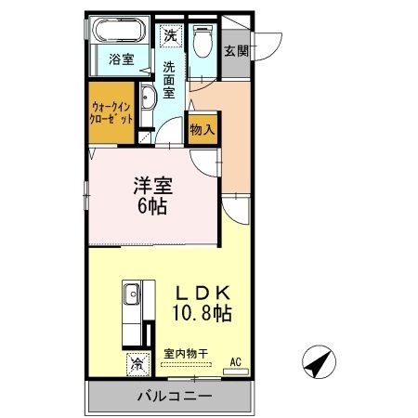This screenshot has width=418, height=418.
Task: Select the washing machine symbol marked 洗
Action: [170, 35]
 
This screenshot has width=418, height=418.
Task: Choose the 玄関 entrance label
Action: [235, 50]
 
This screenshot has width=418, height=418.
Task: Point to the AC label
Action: [235, 361]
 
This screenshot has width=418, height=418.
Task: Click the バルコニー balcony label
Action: [169, 397]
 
